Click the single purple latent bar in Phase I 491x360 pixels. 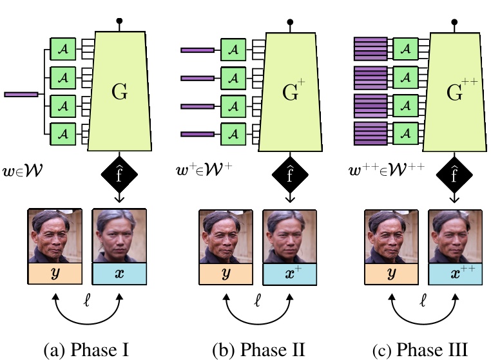coord(21,95)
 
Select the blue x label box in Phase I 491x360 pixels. coord(118,274)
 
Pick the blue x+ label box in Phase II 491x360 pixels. coord(288,274)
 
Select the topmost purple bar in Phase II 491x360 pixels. coord(197,49)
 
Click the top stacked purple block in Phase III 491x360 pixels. coord(370,48)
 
